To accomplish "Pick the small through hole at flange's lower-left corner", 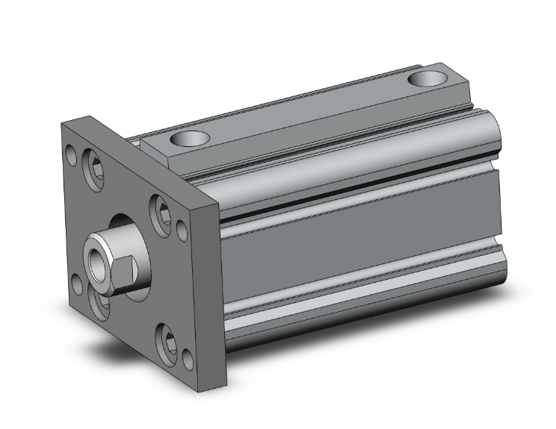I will pos(76,283).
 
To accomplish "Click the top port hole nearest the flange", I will pos(187,138).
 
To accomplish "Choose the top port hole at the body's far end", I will pos(429,77).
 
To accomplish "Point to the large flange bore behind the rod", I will pos(135,231).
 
